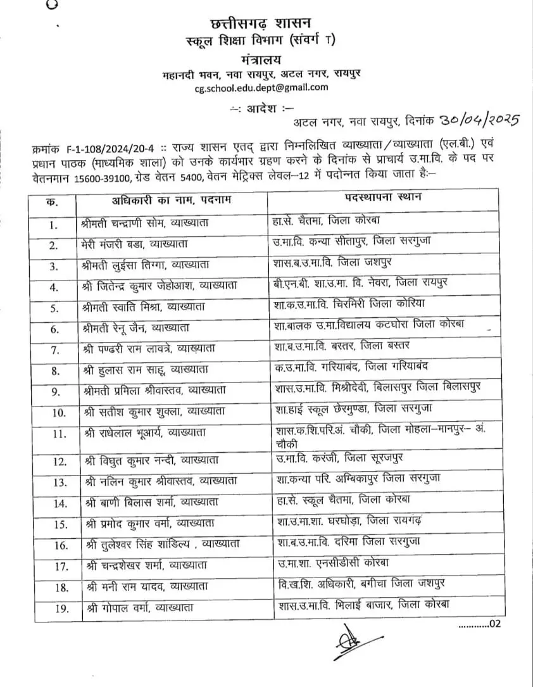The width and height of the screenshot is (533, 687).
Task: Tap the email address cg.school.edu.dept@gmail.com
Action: click(x=261, y=88)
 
